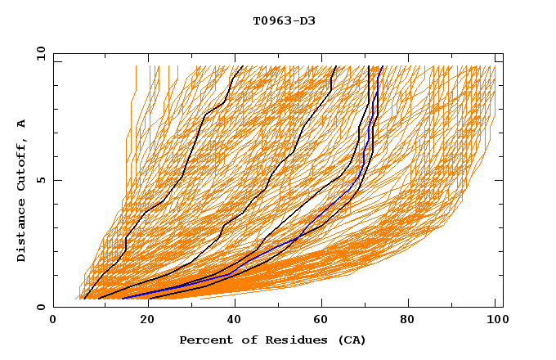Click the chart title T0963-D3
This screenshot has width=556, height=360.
pos(284,20)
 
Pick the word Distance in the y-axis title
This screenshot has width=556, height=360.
pos(22,232)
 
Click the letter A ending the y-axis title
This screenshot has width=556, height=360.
pos(22,124)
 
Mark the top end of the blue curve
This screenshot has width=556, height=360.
pos(382,67)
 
